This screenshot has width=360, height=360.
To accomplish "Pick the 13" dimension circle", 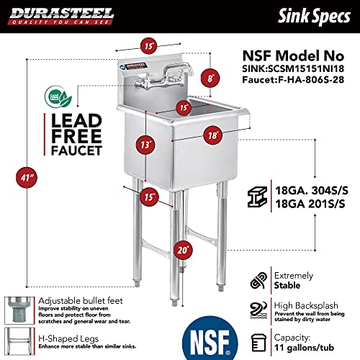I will (x=148, y=144).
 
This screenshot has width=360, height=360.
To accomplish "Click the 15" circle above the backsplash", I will (x=148, y=46).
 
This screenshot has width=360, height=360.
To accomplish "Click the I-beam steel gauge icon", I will (x=256, y=199).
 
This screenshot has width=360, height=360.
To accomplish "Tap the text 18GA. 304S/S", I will (x=311, y=191).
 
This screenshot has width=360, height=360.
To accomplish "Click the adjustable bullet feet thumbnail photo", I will (x=16, y=308).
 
